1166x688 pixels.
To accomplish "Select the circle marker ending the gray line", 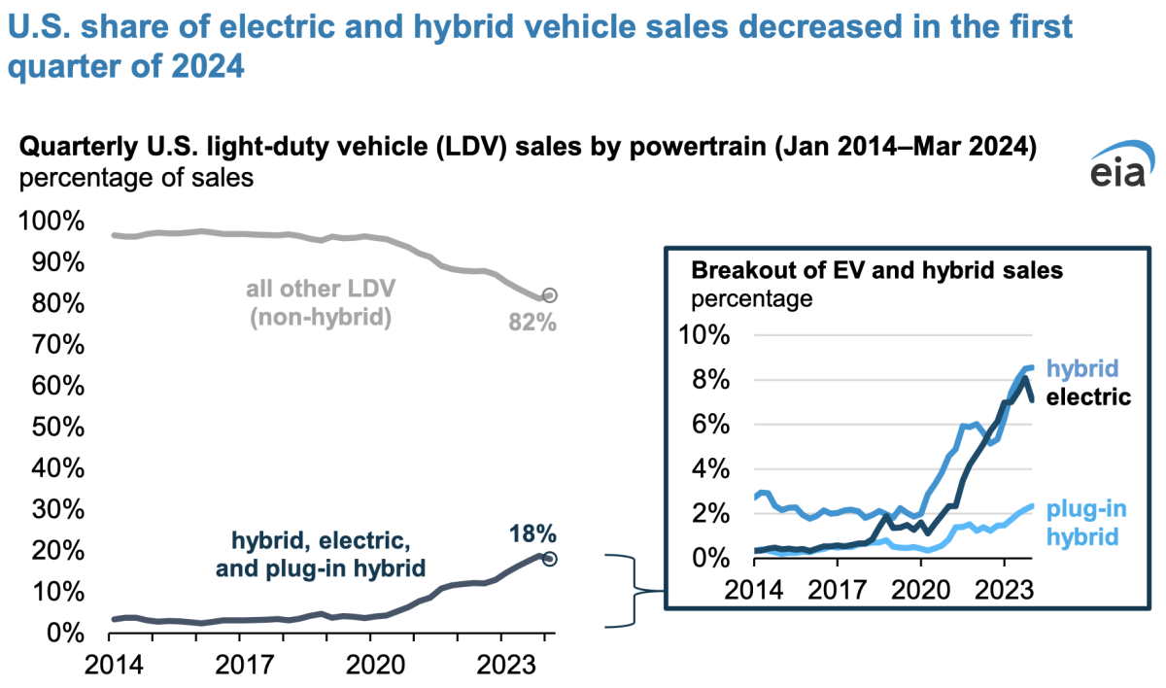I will [549, 295].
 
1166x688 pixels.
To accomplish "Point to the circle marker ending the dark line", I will [549, 559].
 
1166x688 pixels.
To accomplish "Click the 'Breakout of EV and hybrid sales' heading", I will [876, 271].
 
